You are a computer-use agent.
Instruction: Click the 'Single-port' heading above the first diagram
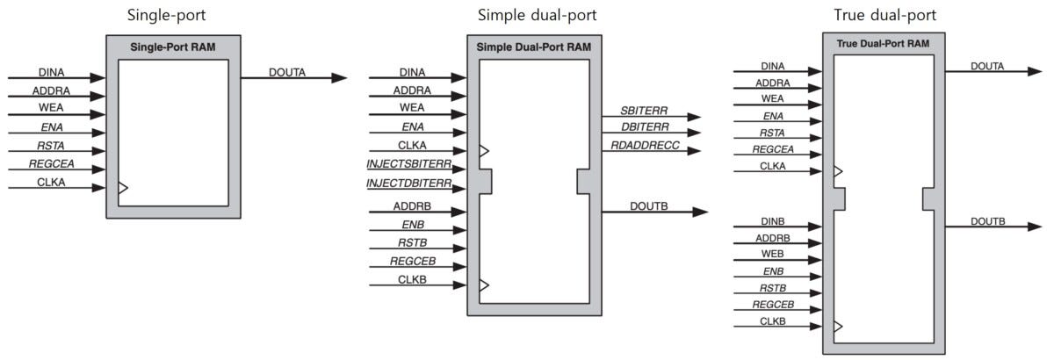[166, 16]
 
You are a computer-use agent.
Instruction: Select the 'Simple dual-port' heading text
[537, 16]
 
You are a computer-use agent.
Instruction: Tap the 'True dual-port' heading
[885, 16]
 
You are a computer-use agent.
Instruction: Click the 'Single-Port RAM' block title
[173, 47]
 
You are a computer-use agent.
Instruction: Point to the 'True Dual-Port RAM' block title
[883, 44]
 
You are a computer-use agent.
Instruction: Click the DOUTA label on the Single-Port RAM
[287, 73]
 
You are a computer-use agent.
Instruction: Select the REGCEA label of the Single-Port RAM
[51, 164]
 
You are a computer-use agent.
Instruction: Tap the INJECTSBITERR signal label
[409, 164]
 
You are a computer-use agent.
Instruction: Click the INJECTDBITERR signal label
[409, 183]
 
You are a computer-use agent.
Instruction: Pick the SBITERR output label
[644, 111]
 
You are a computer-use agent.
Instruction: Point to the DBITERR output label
[645, 127]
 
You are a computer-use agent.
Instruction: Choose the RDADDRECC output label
[645, 146]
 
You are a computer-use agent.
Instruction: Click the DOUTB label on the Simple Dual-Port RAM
[649, 206]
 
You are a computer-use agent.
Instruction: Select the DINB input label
[773, 221]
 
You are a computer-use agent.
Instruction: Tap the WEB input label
[773, 254]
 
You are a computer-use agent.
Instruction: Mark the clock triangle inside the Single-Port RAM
[123, 188]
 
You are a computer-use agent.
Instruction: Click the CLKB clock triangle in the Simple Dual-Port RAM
[484, 284]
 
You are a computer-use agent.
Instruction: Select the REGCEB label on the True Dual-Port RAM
[773, 305]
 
